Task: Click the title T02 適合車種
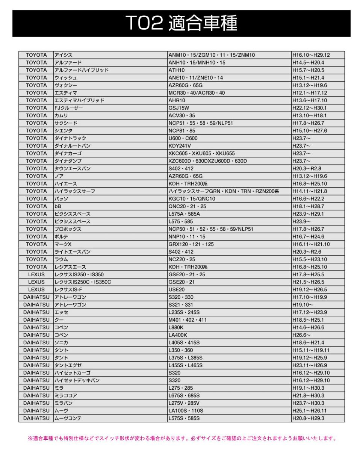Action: pyautogui.click(x=182, y=23)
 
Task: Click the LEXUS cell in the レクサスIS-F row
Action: pyautogui.click(x=36, y=290)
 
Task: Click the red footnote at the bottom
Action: pyautogui.click(x=182, y=438)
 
